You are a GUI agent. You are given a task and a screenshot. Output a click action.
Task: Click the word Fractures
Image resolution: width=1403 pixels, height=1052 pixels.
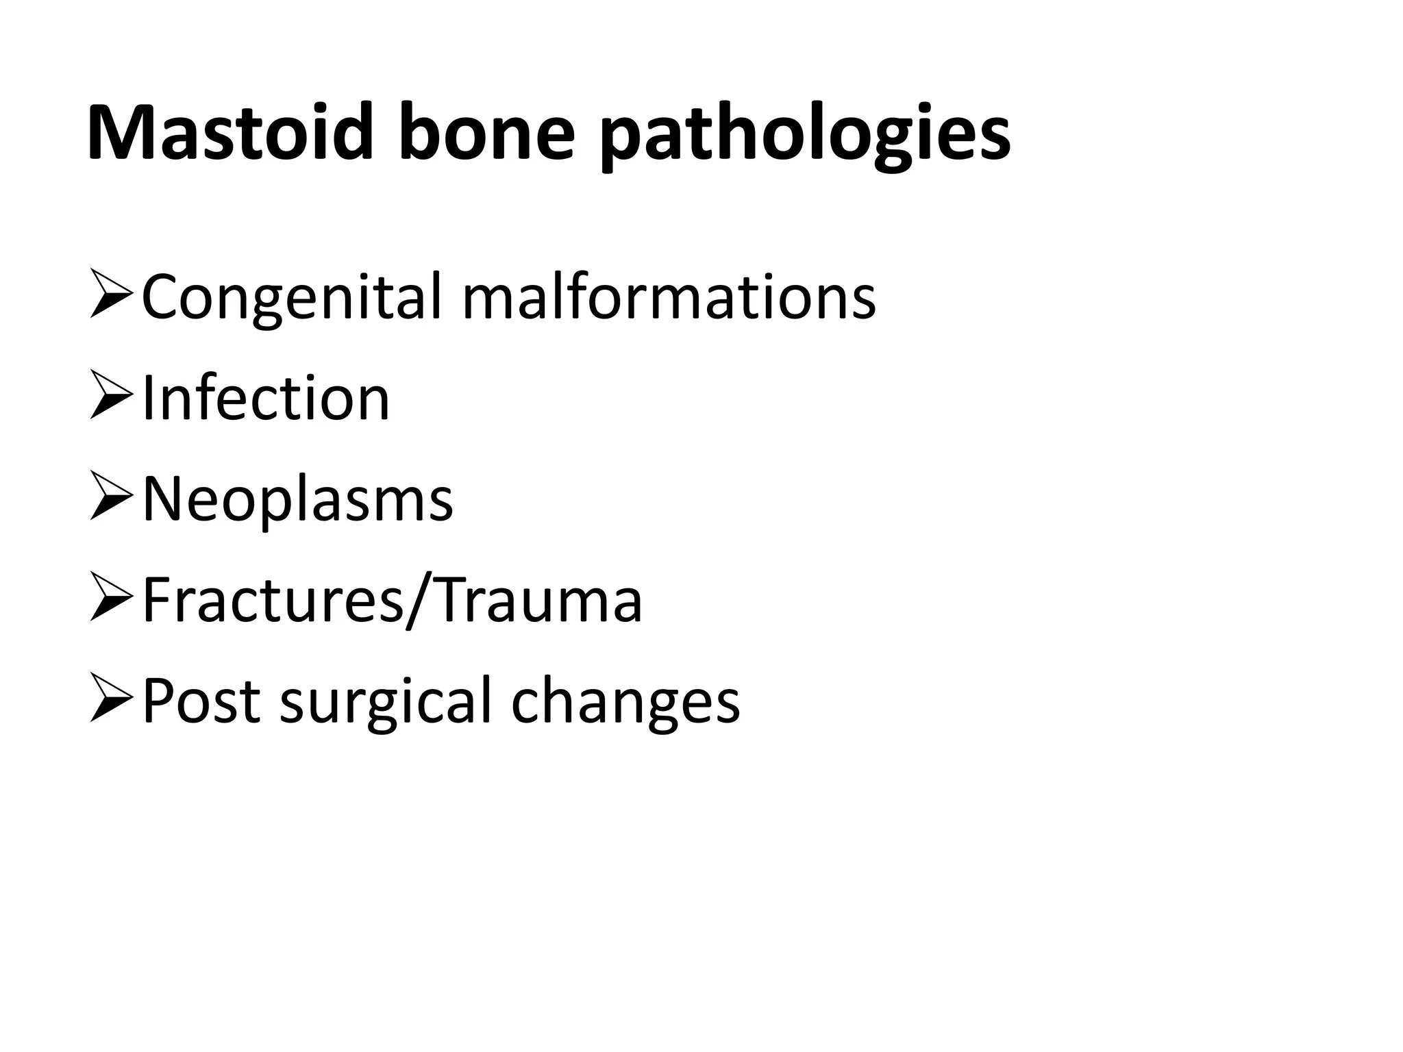[273, 600]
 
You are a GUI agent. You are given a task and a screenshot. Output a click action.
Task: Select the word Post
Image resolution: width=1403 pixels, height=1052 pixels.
[201, 700]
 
